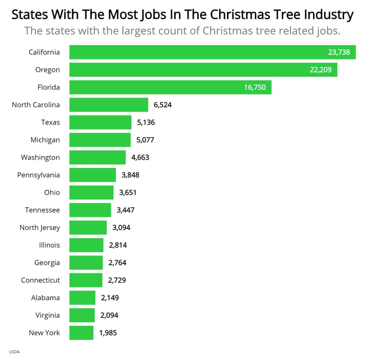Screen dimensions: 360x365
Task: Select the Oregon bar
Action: [x=203, y=70]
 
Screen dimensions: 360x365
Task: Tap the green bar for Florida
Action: [x=170, y=87]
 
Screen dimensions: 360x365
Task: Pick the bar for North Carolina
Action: [x=109, y=105]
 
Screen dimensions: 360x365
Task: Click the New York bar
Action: [x=81, y=333]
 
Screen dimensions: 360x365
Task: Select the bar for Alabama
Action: [x=82, y=297]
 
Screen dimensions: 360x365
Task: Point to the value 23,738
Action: [x=339, y=52]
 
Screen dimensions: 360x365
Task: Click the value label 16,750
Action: [x=255, y=87]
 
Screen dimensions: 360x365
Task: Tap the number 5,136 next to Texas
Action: [x=146, y=122]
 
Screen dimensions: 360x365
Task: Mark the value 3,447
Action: [x=125, y=210]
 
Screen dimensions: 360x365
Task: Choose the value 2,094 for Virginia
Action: [x=109, y=315]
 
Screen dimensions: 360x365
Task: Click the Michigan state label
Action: [x=45, y=140]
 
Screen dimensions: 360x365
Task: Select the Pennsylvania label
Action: [x=38, y=175]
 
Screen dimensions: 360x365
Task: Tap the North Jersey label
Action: [x=40, y=227]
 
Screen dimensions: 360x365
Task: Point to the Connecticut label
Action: [x=40, y=280]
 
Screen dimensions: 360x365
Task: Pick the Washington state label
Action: [x=40, y=157]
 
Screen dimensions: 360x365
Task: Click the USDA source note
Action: [x=14, y=352]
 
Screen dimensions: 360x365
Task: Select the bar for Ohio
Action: [x=91, y=193]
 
